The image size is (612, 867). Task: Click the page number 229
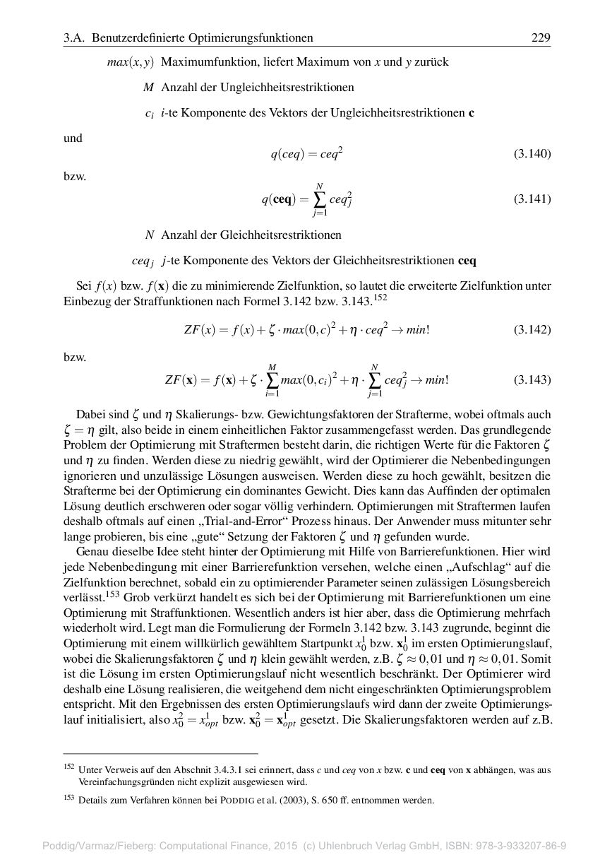[x=540, y=37]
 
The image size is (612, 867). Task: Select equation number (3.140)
[x=532, y=153]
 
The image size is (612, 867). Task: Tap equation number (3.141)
[x=532, y=199]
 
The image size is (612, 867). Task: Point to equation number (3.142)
[x=532, y=329]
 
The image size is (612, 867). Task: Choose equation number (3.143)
[x=532, y=379]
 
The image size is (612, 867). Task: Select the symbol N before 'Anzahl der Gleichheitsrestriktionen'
[x=149, y=235]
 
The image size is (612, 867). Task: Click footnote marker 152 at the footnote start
[x=69, y=767]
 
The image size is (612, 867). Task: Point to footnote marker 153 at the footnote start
[x=69, y=799]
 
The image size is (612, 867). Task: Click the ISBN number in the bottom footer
[x=515, y=846]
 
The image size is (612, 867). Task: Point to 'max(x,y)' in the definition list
[x=131, y=62]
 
